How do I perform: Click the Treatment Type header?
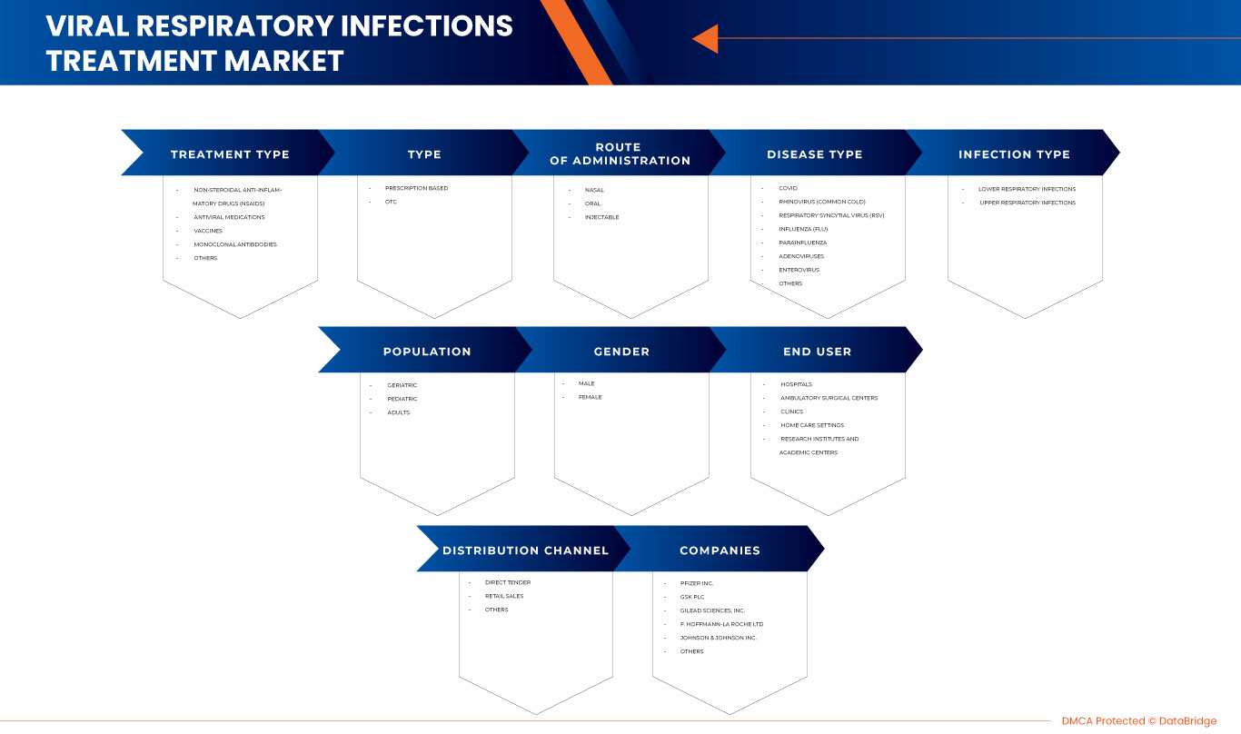tap(230, 154)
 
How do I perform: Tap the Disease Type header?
tap(814, 154)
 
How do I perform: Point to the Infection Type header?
tap(1014, 154)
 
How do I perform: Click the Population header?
tap(427, 352)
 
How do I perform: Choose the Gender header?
tap(621, 352)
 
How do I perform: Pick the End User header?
tap(817, 352)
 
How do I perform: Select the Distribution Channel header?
tap(525, 550)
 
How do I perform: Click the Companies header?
tap(720, 550)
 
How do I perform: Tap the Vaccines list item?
tap(208, 231)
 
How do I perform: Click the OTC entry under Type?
tap(391, 202)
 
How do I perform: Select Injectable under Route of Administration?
tap(601, 217)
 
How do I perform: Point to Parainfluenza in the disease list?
tap(802, 243)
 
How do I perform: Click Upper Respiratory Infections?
tap(1027, 203)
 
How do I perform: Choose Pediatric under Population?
tap(402, 399)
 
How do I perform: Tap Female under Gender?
tap(591, 397)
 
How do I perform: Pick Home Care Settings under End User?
tap(812, 425)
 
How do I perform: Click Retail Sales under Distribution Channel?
tap(504, 596)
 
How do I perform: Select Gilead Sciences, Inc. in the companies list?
tap(712, 610)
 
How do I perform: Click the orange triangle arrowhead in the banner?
tap(707, 38)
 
